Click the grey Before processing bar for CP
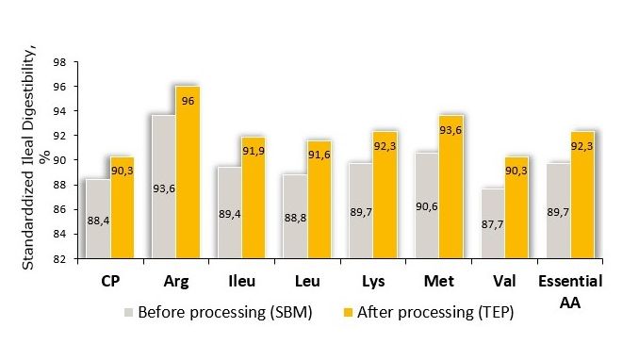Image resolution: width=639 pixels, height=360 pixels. [x=97, y=217]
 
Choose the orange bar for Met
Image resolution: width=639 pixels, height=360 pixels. [x=451, y=188]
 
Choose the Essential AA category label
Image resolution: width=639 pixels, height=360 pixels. [x=570, y=289]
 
